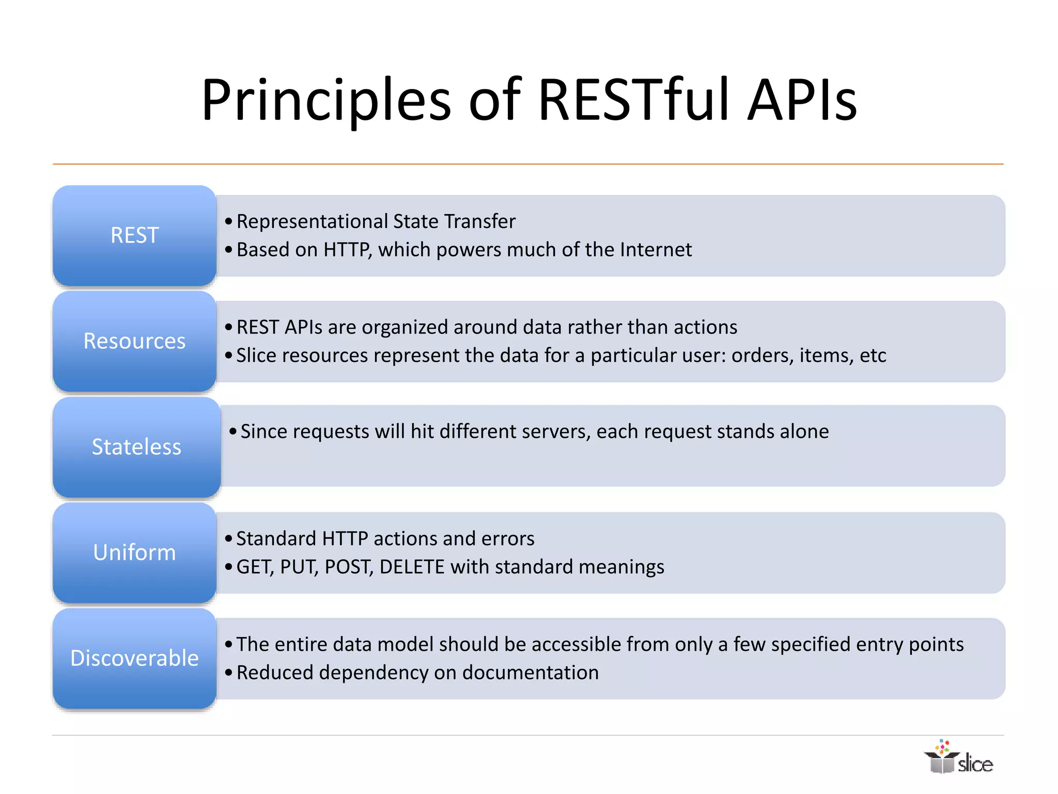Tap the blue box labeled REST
(x=134, y=235)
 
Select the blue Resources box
(x=134, y=341)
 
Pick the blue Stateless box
(x=136, y=447)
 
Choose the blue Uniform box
(x=134, y=553)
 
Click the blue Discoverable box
(x=134, y=659)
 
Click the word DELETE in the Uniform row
(x=412, y=567)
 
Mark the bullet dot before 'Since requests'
(x=233, y=432)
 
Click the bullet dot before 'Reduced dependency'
(x=229, y=673)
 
